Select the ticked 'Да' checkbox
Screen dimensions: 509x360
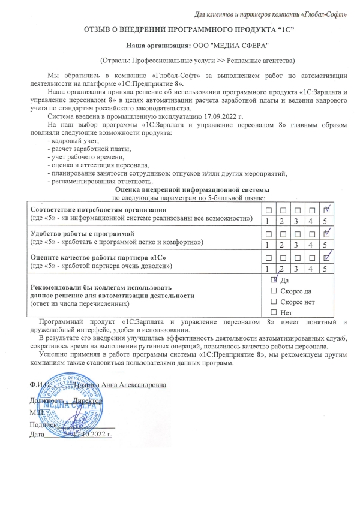[274, 280]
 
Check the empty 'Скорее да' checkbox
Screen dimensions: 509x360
[274, 291]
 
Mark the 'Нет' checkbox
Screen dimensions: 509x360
[274, 312]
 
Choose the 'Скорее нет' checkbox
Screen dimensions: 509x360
[274, 302]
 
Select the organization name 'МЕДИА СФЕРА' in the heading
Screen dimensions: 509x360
[241, 45]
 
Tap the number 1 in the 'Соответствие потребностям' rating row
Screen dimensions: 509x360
[268, 221]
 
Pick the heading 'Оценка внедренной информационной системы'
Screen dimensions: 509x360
[193, 189]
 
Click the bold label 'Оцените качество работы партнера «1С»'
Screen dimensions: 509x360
[94, 257]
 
